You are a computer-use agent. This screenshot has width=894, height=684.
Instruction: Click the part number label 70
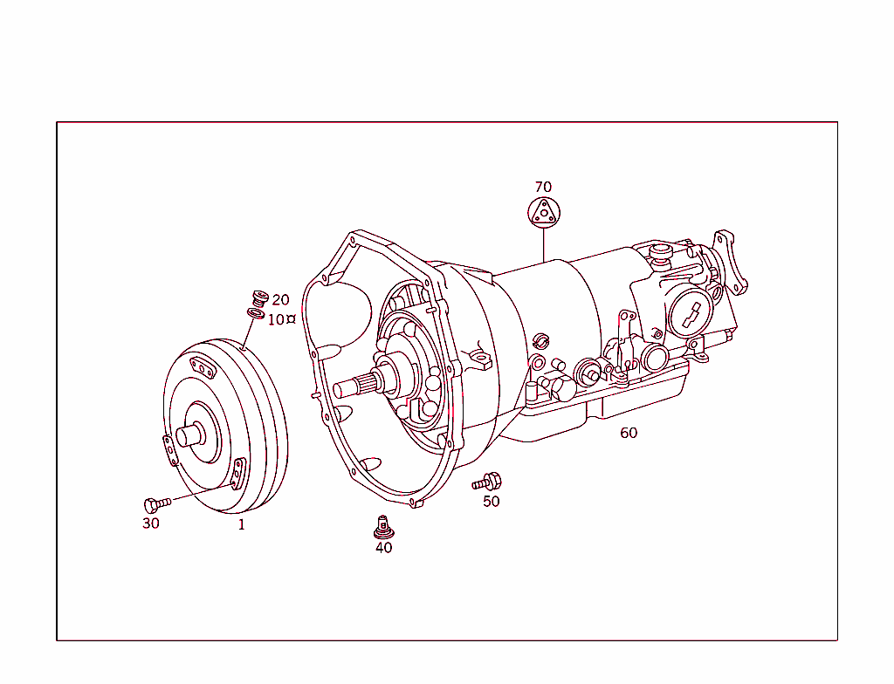(x=543, y=187)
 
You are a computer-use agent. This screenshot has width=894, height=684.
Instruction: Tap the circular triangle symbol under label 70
(x=543, y=212)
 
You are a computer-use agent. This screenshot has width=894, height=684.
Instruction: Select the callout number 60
(x=629, y=433)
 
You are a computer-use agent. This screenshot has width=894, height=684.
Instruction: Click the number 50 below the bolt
(x=492, y=502)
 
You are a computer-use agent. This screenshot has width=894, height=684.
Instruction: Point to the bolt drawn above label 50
(x=487, y=481)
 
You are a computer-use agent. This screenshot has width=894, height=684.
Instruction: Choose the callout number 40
(x=383, y=548)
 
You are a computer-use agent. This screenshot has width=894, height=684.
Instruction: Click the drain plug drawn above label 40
(x=382, y=526)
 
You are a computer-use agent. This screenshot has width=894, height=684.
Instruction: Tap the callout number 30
(x=151, y=523)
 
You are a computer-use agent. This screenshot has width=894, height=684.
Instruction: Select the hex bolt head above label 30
(x=152, y=504)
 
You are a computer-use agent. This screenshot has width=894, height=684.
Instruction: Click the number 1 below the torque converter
(x=242, y=524)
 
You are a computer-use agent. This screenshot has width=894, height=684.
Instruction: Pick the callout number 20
(x=280, y=300)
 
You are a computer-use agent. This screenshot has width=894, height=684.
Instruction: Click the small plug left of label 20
(x=258, y=297)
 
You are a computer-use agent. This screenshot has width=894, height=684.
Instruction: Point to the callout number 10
(x=276, y=320)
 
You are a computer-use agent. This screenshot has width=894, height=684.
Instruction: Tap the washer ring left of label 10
(x=256, y=312)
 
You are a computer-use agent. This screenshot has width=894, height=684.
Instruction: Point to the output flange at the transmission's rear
(x=730, y=263)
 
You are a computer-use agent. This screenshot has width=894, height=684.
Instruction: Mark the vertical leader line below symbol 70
(x=543, y=244)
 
